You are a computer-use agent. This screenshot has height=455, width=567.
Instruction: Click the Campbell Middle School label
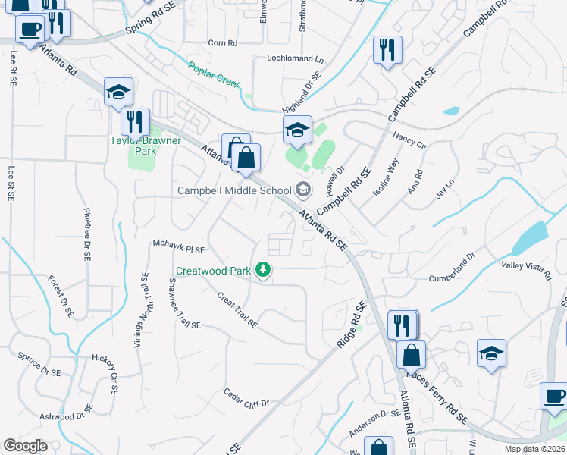click(234, 190)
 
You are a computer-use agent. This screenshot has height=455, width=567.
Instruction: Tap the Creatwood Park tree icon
click(264, 270)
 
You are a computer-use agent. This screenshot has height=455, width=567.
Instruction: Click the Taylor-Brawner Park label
click(133, 146)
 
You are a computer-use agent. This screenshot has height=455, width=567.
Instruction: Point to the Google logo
click(25, 446)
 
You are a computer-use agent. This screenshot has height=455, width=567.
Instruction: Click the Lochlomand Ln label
click(295, 58)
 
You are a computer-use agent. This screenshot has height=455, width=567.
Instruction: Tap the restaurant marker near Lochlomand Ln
click(387, 50)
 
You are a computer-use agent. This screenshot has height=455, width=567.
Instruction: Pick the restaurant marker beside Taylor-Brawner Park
click(135, 121)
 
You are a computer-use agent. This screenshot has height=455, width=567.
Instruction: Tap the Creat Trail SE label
click(237, 311)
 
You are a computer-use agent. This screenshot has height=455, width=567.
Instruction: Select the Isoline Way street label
click(385, 178)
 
